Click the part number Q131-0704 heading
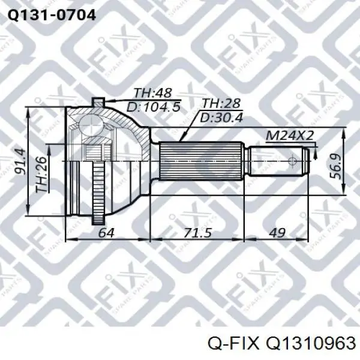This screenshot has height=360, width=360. click(x=52, y=15)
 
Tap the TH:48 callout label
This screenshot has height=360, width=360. click(x=152, y=93)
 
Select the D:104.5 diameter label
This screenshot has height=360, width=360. click(x=154, y=107)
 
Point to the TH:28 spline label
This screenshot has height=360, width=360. click(x=221, y=103)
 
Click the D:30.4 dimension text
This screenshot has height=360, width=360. click(x=221, y=118)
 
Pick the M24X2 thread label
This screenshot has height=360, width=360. click(x=290, y=136)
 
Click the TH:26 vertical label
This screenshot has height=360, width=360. click(x=41, y=175)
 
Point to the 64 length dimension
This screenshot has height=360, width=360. click(x=106, y=233)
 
